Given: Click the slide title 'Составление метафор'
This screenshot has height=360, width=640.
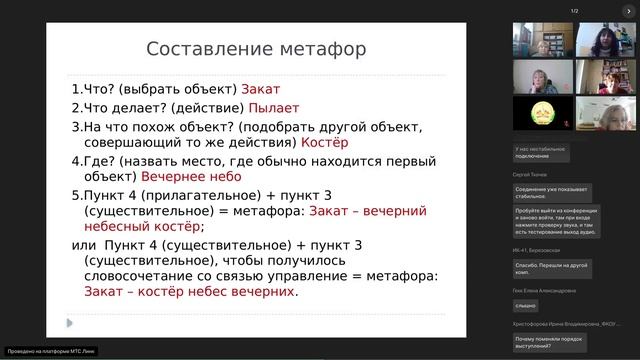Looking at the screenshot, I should point(256,49).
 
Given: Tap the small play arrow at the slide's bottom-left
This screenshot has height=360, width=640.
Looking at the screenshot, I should point(69,322).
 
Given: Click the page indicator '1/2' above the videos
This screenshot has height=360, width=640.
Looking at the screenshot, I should point(575,11).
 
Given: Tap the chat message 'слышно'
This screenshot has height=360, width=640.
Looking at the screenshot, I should point(527,305).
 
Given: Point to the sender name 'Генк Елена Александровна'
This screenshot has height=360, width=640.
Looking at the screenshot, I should point(546,290).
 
